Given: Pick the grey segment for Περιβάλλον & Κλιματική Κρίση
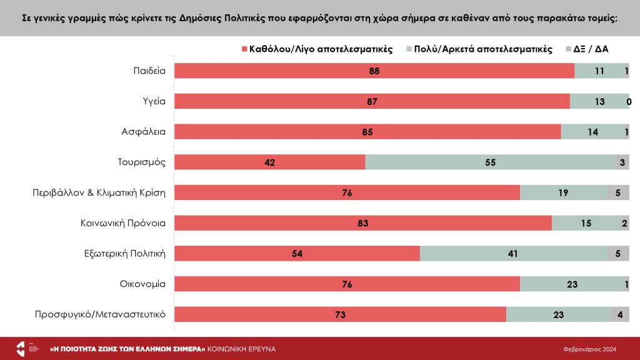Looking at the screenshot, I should point(617,192).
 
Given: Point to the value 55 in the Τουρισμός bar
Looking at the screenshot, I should point(490,162).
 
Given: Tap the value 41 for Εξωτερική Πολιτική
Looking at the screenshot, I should point(513,254).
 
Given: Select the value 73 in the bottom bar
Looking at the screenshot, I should point(340,314).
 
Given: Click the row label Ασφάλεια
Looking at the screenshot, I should point(143,132).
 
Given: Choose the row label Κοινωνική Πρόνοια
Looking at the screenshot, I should point(122,222).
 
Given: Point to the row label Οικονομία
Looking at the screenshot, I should point(142,283).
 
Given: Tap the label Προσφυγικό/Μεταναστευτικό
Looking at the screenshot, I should point(100,314).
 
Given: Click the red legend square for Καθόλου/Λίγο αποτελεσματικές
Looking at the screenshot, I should point(244,49).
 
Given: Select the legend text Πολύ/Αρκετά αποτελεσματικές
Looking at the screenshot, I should point(483,49).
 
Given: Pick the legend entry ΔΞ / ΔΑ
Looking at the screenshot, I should point(591,49).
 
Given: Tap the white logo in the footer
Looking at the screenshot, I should point(20,349).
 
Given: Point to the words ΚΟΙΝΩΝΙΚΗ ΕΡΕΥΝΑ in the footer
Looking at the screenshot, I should point(241,349).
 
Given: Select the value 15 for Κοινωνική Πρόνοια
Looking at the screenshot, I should point(586,223).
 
